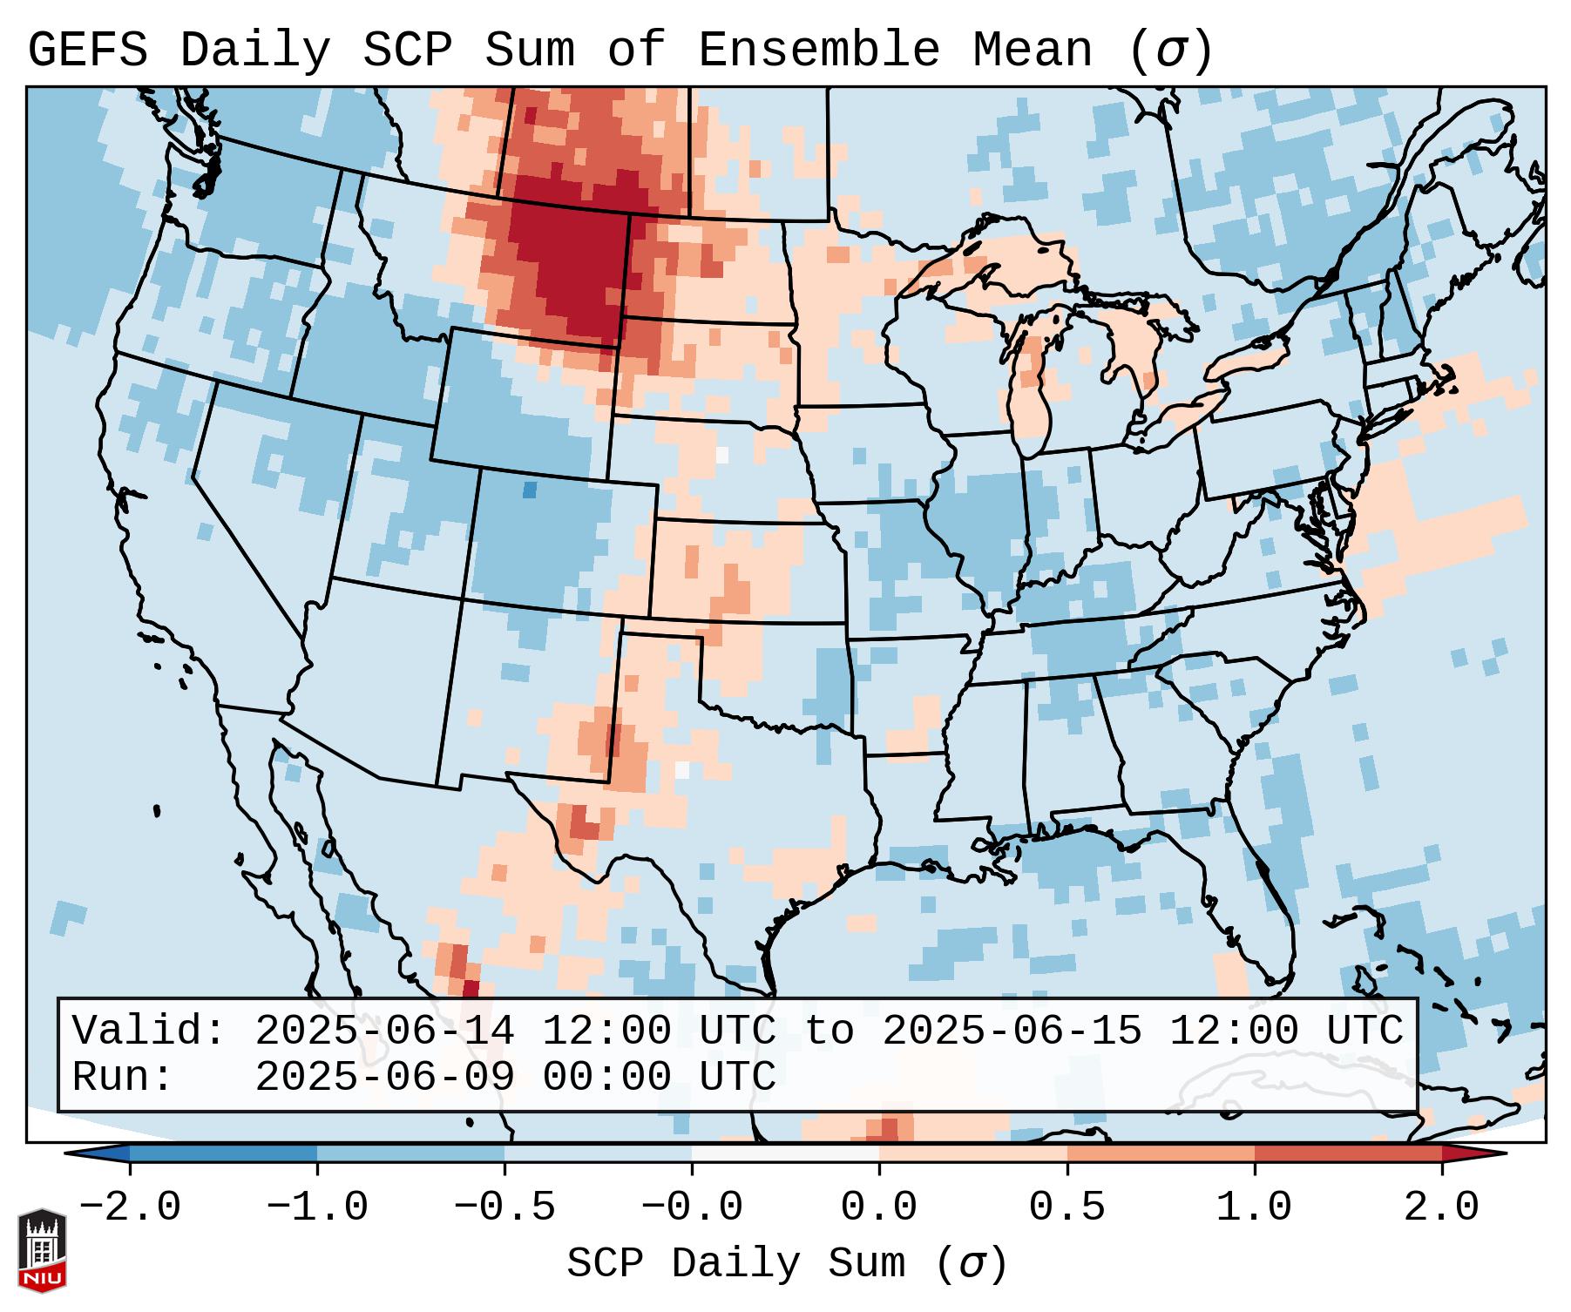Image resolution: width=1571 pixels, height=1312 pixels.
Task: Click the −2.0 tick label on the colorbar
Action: [130, 1207]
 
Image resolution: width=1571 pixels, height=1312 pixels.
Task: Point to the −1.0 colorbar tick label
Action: [317, 1207]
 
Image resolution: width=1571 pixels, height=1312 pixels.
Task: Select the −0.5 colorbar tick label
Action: [504, 1207]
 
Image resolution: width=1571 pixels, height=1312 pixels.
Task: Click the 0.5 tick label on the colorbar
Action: [1067, 1207]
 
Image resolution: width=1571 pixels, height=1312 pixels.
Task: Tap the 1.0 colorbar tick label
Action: [1254, 1207]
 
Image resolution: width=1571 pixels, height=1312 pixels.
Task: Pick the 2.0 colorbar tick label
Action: [1441, 1207]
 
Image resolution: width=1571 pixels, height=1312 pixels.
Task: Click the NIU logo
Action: [42, 1250]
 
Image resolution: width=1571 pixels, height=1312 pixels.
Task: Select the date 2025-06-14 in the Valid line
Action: [384, 1031]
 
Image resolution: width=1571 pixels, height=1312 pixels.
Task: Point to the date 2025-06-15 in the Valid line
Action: [1012, 1031]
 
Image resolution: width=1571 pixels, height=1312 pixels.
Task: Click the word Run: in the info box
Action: [123, 1077]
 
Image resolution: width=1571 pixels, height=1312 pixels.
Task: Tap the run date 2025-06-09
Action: [384, 1077]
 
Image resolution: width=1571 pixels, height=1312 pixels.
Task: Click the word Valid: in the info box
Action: [149, 1031]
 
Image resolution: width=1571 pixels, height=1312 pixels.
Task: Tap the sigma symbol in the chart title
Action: [1169, 51]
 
